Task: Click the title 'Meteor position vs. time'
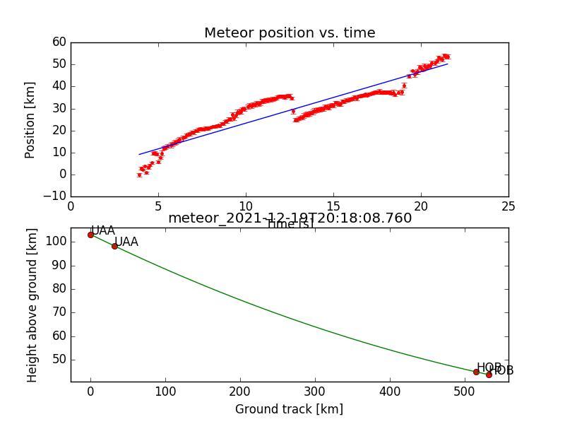click(290, 33)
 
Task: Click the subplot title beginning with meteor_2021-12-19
click(290, 218)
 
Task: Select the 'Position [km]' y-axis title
click(30, 119)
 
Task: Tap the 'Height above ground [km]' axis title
click(32, 305)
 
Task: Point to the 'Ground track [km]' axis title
click(289, 409)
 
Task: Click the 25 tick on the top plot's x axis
click(508, 206)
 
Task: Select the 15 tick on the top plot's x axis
click(333, 206)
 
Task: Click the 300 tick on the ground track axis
click(315, 392)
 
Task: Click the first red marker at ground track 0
click(90, 235)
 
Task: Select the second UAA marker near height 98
click(114, 246)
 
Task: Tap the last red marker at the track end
click(489, 375)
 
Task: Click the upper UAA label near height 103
click(103, 230)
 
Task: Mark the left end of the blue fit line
click(139, 154)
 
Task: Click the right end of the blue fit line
click(448, 64)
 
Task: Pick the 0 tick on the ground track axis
click(90, 392)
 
